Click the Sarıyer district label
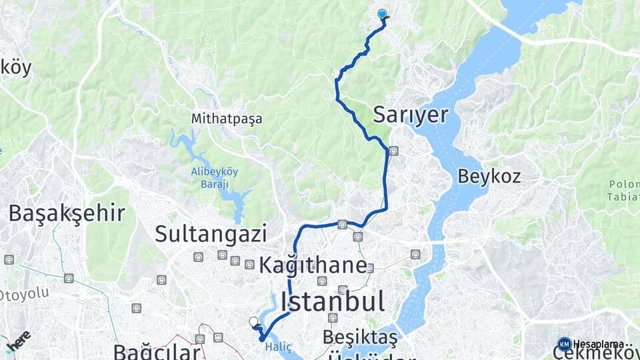click(x=410, y=115)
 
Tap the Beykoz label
click(x=489, y=177)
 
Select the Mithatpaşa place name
click(x=226, y=119)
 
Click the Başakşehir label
click(x=67, y=213)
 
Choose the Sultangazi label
click(x=211, y=233)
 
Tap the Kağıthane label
click(x=313, y=265)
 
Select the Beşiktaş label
click(x=359, y=337)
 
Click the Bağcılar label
click(x=156, y=351)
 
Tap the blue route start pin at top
click(x=382, y=14)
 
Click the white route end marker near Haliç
click(x=253, y=322)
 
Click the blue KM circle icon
click(x=565, y=344)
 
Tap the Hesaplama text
click(x=599, y=344)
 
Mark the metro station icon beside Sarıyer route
click(x=393, y=151)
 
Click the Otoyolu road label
click(x=25, y=294)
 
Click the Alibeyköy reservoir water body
click(x=235, y=200)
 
